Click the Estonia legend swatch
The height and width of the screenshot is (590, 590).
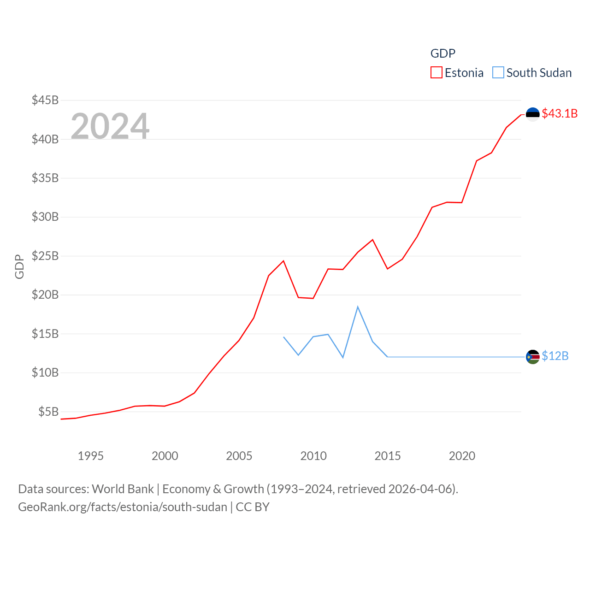click(x=436, y=73)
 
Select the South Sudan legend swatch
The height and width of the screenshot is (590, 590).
click(x=498, y=73)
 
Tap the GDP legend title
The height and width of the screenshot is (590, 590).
click(x=442, y=53)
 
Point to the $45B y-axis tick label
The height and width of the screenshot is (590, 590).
click(x=45, y=100)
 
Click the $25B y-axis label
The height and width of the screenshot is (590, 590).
click(x=45, y=256)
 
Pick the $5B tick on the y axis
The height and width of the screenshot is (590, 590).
click(x=48, y=412)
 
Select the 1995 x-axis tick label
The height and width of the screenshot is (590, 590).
click(x=90, y=456)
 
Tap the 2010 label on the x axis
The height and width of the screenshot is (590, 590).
click(x=313, y=456)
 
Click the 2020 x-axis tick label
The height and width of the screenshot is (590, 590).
click(x=462, y=456)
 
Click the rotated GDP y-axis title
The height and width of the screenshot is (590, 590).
click(x=19, y=266)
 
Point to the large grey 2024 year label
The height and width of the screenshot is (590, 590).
click(x=110, y=126)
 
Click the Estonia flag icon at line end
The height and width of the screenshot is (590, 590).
click(x=532, y=114)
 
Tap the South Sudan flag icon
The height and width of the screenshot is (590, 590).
click(x=532, y=357)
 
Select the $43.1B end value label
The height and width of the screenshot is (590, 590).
click(x=560, y=113)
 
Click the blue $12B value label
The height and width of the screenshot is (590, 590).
click(x=555, y=356)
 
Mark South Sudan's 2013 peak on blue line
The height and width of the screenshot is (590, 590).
click(x=358, y=307)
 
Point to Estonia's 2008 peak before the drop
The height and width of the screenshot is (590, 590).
click(x=283, y=261)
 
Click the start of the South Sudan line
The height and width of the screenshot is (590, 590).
click(x=283, y=337)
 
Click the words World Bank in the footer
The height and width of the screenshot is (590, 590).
click(x=123, y=489)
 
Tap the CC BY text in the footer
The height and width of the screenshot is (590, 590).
click(x=252, y=507)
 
